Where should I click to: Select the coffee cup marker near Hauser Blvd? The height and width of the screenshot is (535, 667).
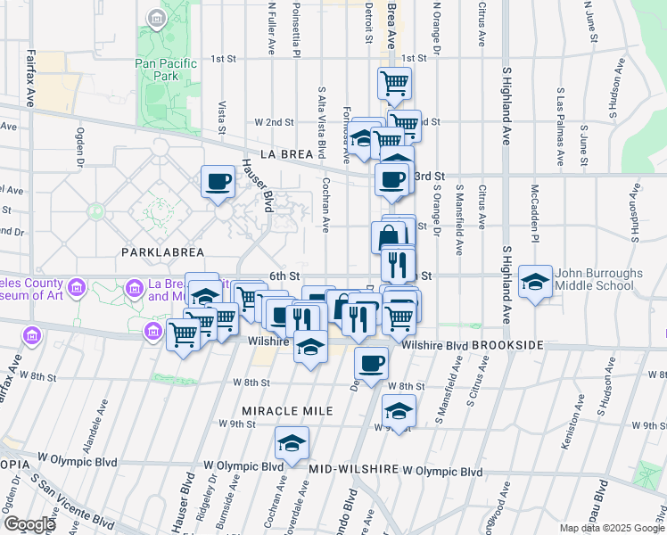point(218,183)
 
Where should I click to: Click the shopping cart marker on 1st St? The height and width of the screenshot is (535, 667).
point(394,84)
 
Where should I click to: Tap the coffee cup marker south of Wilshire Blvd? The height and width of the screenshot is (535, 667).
point(371,363)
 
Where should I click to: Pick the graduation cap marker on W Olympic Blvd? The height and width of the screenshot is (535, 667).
point(292,443)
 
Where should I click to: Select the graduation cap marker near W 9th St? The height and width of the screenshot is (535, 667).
point(399,411)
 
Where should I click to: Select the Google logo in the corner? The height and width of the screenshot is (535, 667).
point(29,524)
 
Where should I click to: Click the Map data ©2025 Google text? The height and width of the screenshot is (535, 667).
point(611,528)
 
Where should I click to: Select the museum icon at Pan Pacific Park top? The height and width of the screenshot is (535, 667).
point(157,18)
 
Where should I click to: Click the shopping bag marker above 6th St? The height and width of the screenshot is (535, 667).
point(388,237)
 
